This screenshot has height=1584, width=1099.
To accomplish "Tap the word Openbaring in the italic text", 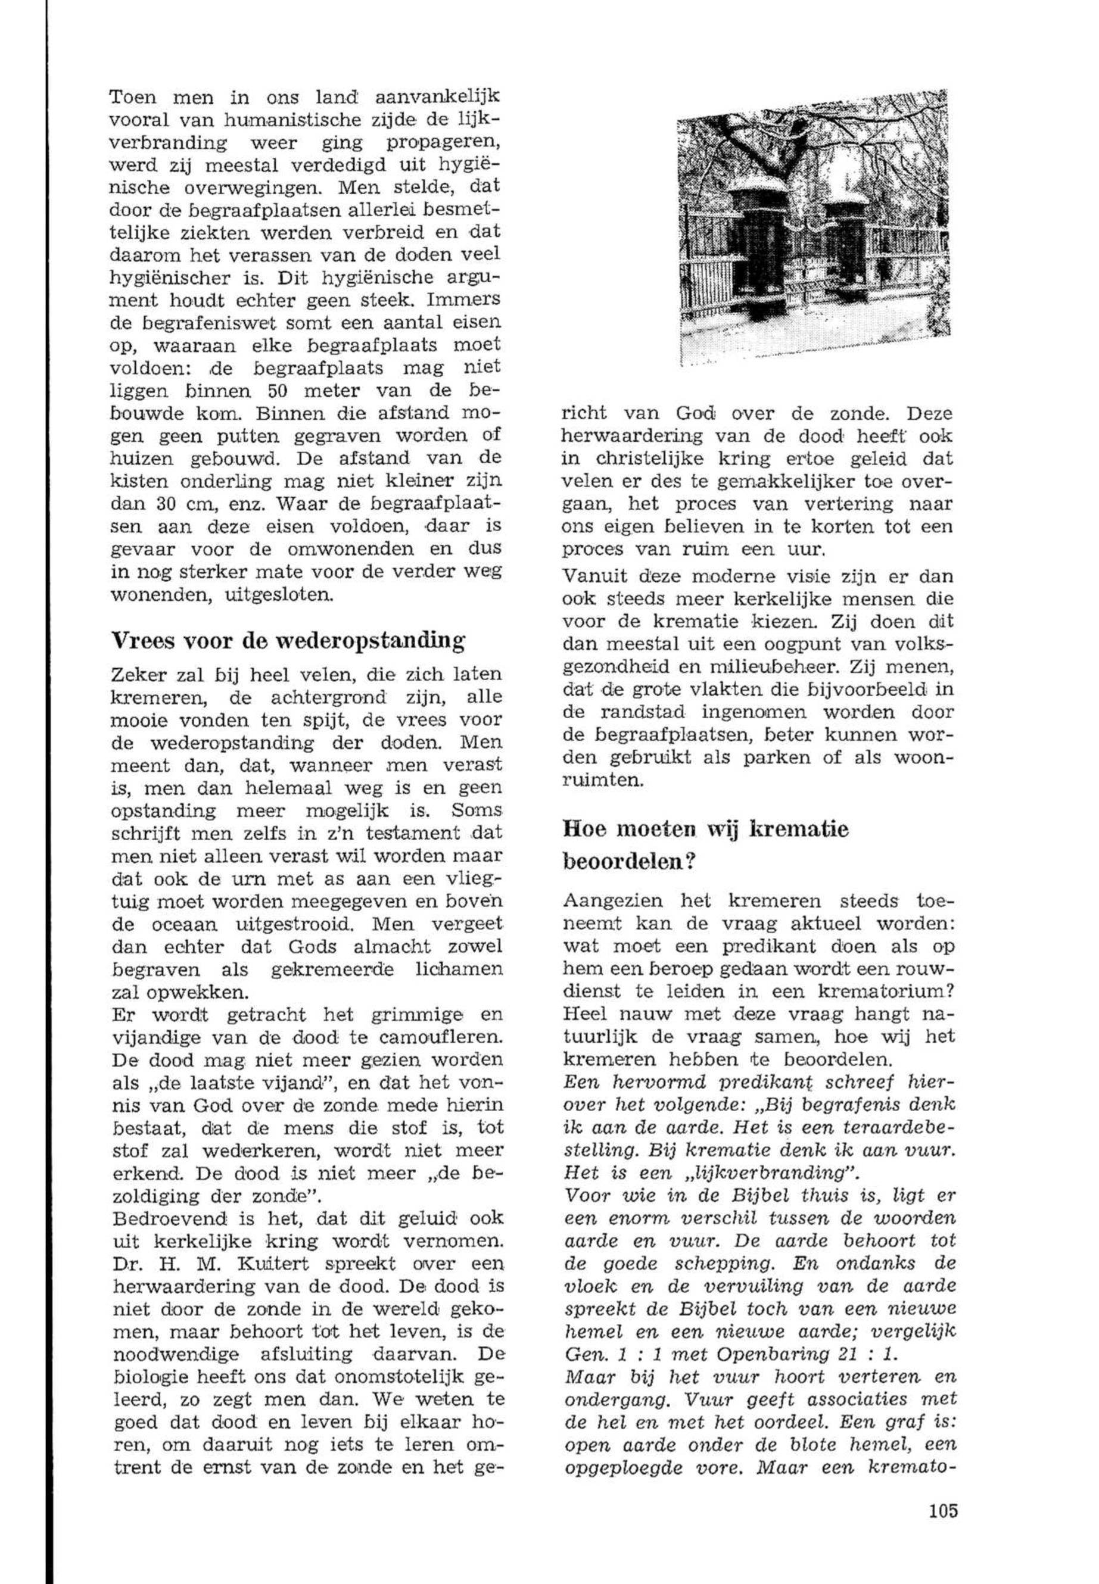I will click(x=772, y=1354).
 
